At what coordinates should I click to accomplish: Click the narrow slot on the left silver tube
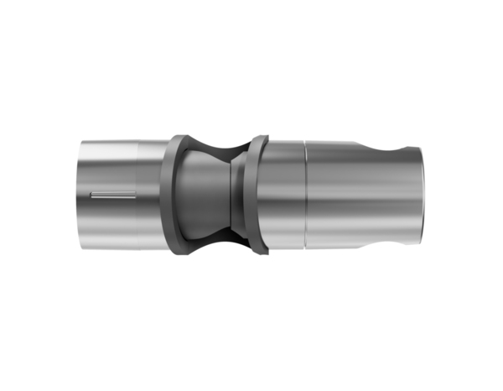pos(114,195)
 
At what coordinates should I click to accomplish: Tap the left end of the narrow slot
pos(91,195)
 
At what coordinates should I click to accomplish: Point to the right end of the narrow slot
pos(135,195)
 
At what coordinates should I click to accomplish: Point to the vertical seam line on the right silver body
pos(305,194)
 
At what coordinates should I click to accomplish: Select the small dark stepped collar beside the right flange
pos(244,194)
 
